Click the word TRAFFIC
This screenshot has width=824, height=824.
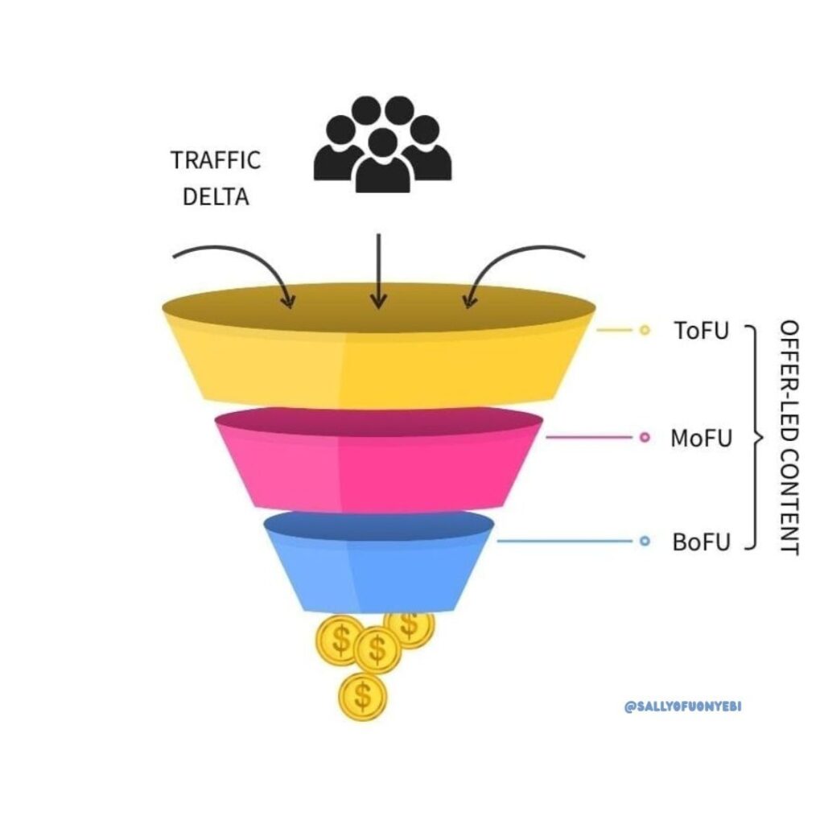point(216,159)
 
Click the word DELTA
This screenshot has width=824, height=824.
point(216,196)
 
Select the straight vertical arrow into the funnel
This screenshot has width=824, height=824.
point(378,270)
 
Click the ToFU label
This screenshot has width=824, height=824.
point(702,330)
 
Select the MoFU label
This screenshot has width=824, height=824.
point(702,439)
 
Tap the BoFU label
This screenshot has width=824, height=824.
point(702,542)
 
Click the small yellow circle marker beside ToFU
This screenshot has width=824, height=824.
point(644,330)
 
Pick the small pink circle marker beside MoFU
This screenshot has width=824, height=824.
point(644,438)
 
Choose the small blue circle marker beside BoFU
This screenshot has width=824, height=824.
point(644,542)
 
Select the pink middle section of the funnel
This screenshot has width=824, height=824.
point(378,471)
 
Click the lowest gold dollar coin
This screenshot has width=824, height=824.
point(364,697)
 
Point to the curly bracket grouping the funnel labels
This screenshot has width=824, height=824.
point(754,438)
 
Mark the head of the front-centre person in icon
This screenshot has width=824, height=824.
point(382,142)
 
